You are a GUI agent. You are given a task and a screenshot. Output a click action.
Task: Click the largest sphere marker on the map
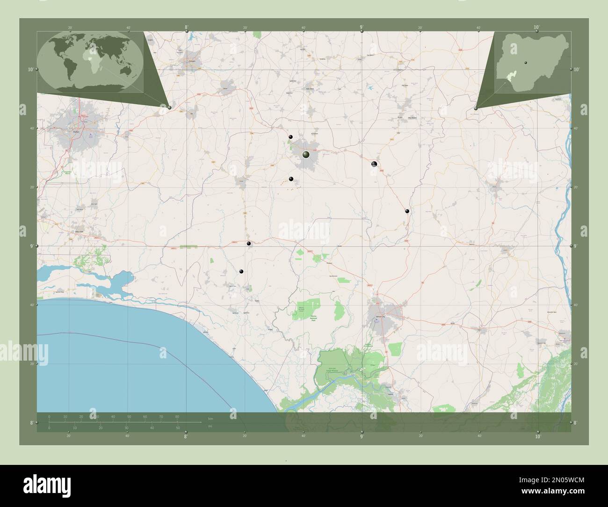[x=306, y=154]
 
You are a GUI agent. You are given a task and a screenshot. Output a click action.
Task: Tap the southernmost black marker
[x=241, y=271]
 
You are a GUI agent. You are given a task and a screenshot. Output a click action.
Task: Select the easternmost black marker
[x=407, y=211]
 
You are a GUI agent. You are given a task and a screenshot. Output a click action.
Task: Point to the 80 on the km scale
[x=177, y=416]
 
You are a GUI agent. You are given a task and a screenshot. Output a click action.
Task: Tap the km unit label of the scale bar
[x=210, y=418]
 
